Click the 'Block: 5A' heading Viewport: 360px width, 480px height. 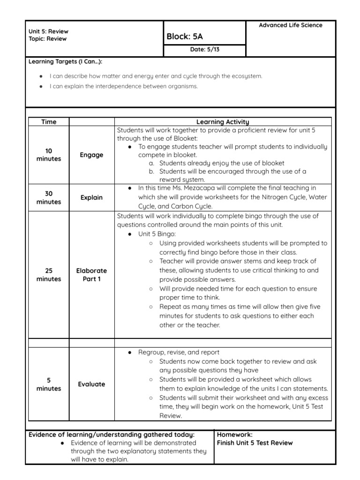(x=185, y=37)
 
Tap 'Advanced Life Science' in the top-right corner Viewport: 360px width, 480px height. (x=291, y=25)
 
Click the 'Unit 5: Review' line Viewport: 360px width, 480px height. (x=48, y=31)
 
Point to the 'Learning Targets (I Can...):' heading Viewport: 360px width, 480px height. (x=66, y=62)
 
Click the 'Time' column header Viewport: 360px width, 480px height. (x=49, y=122)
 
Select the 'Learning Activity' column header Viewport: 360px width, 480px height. (x=223, y=122)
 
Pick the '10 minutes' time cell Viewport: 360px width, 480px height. (x=49, y=155)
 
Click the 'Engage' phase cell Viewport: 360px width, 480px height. (x=91, y=155)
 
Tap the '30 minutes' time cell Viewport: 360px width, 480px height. (x=49, y=198)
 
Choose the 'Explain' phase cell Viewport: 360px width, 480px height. (x=91, y=198)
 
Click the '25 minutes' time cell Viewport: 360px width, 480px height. (x=49, y=275)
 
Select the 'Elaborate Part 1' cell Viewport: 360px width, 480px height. (x=91, y=275)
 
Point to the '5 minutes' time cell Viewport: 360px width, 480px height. (x=49, y=384)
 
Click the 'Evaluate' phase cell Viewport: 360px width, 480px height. (x=91, y=384)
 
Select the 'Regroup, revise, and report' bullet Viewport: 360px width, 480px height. (x=179, y=352)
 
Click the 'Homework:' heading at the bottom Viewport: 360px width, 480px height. (x=235, y=435)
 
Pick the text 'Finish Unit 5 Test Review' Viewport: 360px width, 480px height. (x=255, y=443)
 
